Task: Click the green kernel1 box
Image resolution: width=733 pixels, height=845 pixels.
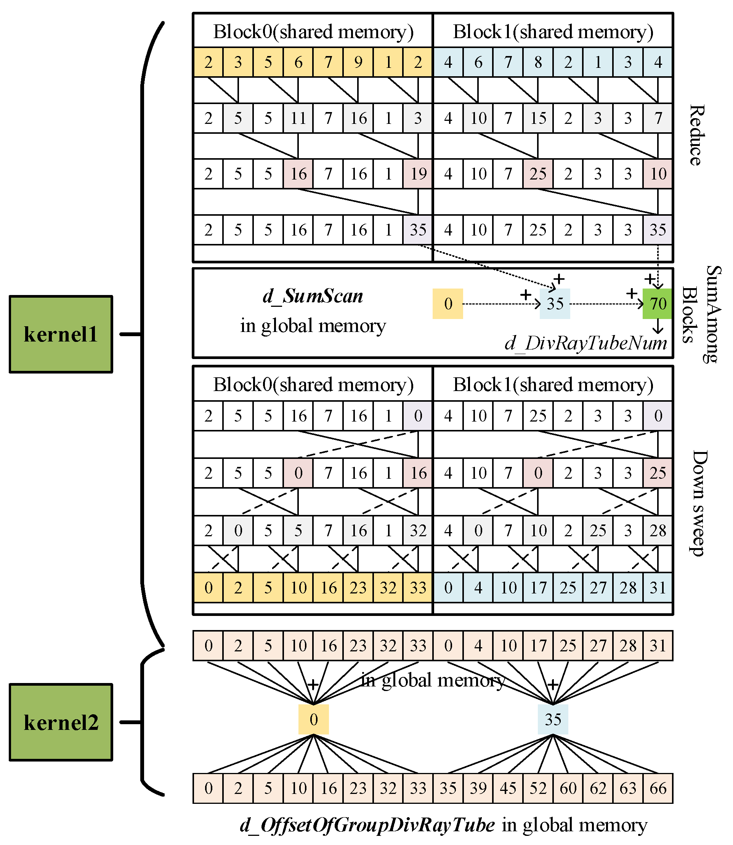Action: point(61,334)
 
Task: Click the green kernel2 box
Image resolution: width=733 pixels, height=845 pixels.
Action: point(61,722)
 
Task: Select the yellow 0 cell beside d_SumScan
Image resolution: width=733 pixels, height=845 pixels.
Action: point(448,303)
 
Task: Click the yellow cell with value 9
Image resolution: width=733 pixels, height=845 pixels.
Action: point(358,62)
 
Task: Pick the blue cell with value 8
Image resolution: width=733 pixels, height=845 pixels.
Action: point(538,62)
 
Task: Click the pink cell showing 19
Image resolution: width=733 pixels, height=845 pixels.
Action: point(418,174)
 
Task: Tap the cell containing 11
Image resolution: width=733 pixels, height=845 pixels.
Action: point(298,118)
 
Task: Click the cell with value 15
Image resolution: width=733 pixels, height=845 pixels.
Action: point(538,118)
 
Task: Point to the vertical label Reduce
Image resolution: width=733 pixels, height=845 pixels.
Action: point(696,135)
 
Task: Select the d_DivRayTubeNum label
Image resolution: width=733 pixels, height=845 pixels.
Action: point(586,343)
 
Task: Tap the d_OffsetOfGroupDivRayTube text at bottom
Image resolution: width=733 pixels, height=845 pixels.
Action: point(367,825)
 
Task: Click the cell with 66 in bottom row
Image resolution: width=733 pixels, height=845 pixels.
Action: point(658,788)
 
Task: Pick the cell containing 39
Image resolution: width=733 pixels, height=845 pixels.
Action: point(478,788)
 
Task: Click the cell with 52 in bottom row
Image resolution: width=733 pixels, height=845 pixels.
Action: point(538,788)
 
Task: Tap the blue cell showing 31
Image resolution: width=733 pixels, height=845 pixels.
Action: point(658,588)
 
